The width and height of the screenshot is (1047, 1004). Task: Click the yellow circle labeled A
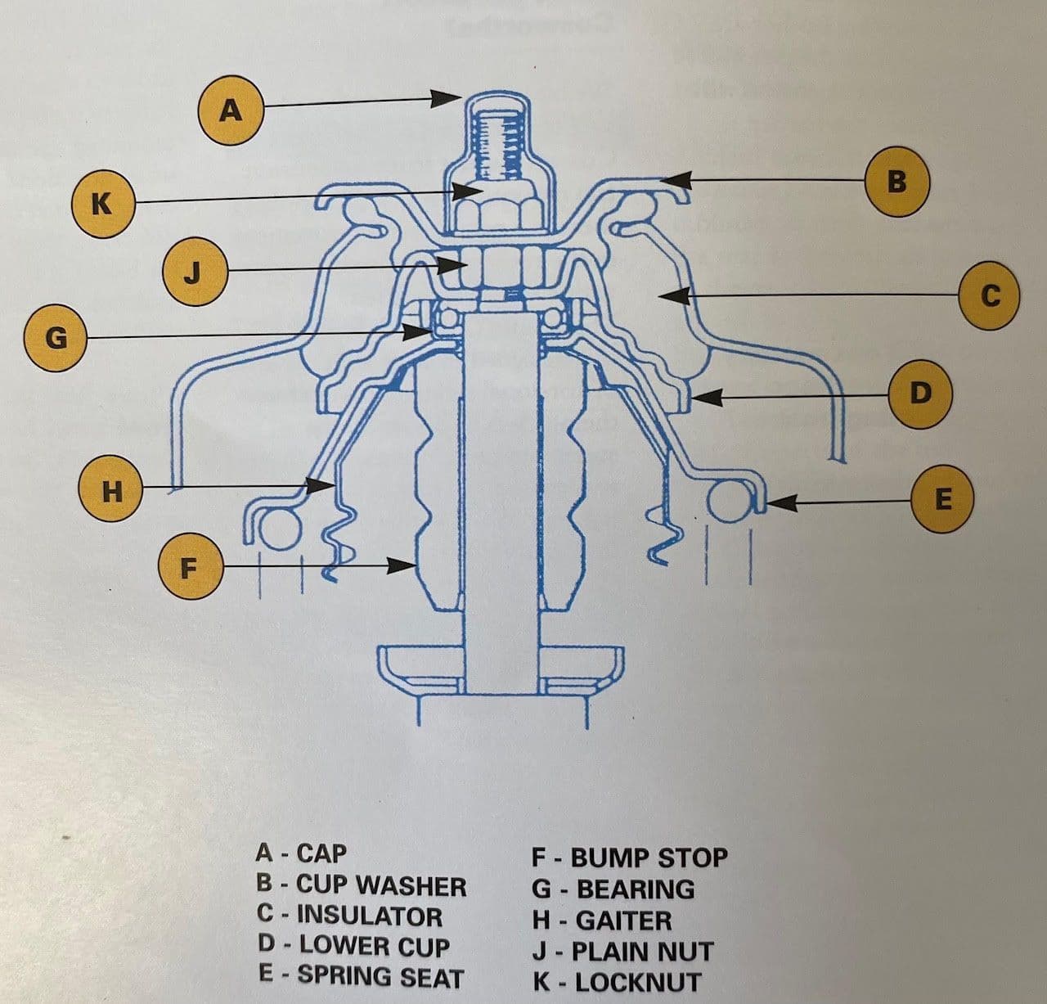click(231, 110)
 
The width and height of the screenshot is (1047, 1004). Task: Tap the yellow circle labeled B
click(896, 182)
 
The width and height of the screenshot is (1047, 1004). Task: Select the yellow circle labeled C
click(991, 295)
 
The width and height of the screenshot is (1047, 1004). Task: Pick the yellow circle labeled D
click(920, 394)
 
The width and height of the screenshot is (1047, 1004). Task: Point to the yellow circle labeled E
click(943, 499)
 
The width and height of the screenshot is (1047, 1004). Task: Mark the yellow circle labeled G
click(56, 339)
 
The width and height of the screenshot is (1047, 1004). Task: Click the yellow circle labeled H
click(110, 489)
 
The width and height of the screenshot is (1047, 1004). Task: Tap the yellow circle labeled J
click(195, 273)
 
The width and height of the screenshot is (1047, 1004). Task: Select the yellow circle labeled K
click(103, 205)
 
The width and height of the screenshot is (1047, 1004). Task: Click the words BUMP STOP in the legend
click(649, 858)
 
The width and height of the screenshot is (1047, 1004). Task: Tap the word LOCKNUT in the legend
click(637, 983)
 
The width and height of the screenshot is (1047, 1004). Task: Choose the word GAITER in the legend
click(623, 921)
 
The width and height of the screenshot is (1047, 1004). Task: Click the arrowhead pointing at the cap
click(446, 98)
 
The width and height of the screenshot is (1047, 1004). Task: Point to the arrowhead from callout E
click(781, 503)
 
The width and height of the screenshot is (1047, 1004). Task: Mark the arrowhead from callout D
click(706, 398)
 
